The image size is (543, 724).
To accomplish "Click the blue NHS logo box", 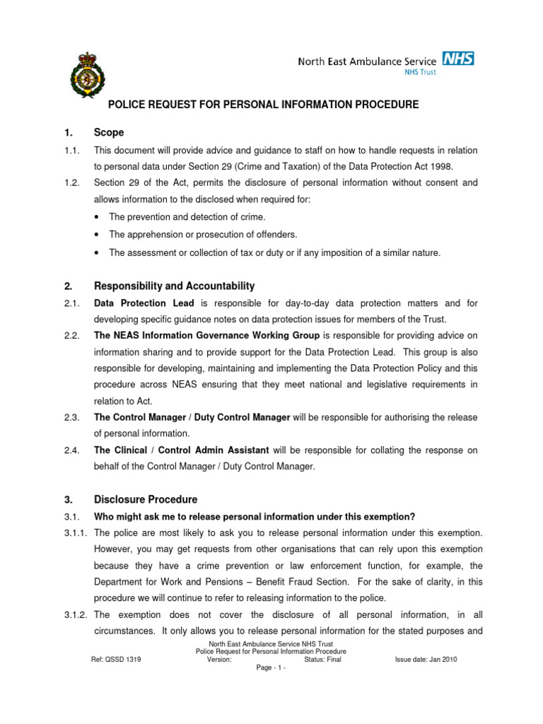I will tap(457, 58).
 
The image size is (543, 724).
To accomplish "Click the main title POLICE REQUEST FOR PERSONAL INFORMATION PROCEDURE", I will tap(262, 105).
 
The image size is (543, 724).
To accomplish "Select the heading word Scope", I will tap(109, 132).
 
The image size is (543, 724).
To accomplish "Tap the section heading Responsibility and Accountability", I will tap(174, 286).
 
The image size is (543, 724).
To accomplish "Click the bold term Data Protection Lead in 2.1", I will tap(134, 303).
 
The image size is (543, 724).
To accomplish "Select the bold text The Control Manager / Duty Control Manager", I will tap(192, 417).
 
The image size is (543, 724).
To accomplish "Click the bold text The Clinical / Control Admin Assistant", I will tap(181, 450).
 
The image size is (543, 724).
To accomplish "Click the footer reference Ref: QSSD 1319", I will tap(116, 659).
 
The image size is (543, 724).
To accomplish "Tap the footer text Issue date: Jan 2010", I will tap(426, 659).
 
